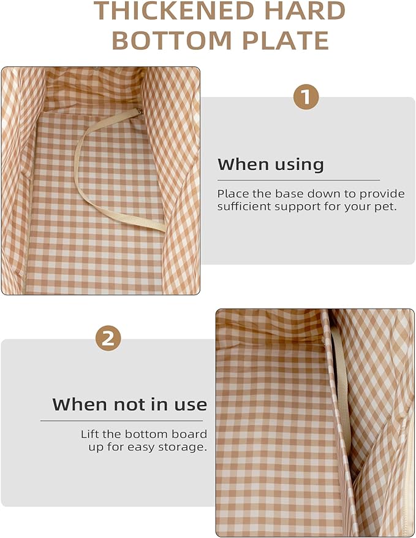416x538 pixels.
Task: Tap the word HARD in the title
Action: coord(300,10)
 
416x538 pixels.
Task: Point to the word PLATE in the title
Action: coord(286,40)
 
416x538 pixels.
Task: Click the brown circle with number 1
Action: coord(306,97)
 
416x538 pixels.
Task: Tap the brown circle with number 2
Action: coord(108,338)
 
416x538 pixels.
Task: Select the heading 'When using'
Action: coord(271,164)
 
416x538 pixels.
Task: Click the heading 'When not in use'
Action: coord(129,404)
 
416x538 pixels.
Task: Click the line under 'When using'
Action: coord(298,180)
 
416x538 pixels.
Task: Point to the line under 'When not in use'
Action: coord(122,421)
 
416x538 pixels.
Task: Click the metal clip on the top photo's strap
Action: coord(140,111)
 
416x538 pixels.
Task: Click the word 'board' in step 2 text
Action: coord(189,434)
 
